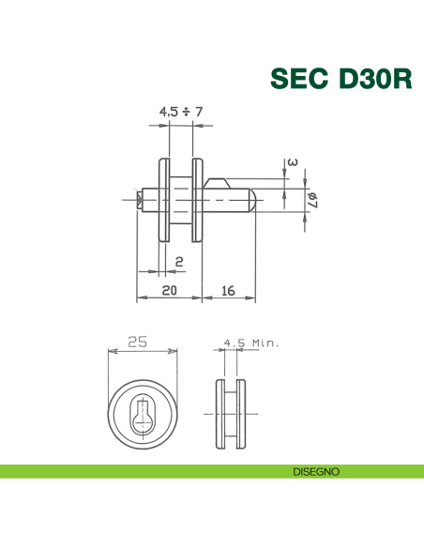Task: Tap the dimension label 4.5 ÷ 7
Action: pyautogui.click(x=181, y=112)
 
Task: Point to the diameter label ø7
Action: pyautogui.click(x=312, y=200)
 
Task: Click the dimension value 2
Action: pyautogui.click(x=178, y=261)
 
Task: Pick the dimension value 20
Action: pyautogui.click(x=168, y=290)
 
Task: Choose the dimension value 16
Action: pyautogui.click(x=227, y=290)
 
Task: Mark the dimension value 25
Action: pyautogui.click(x=138, y=342)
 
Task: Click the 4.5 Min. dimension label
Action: pyautogui.click(x=251, y=343)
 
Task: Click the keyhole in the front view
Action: pyautogui.click(x=144, y=410)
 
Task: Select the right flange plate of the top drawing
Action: pyautogui.click(x=197, y=200)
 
